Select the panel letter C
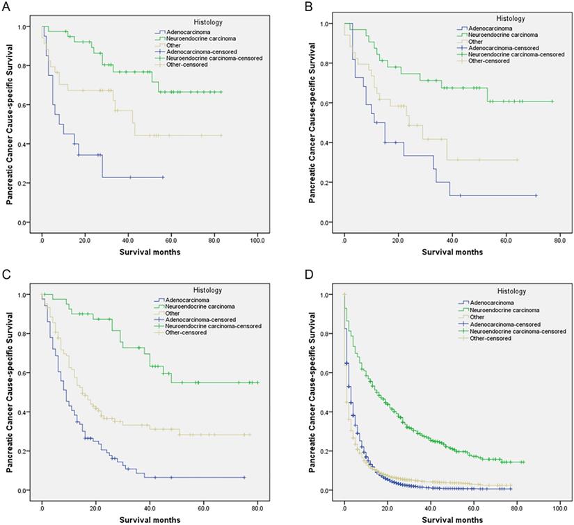pos(6,275)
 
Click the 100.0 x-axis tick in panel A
pos(257,241)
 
